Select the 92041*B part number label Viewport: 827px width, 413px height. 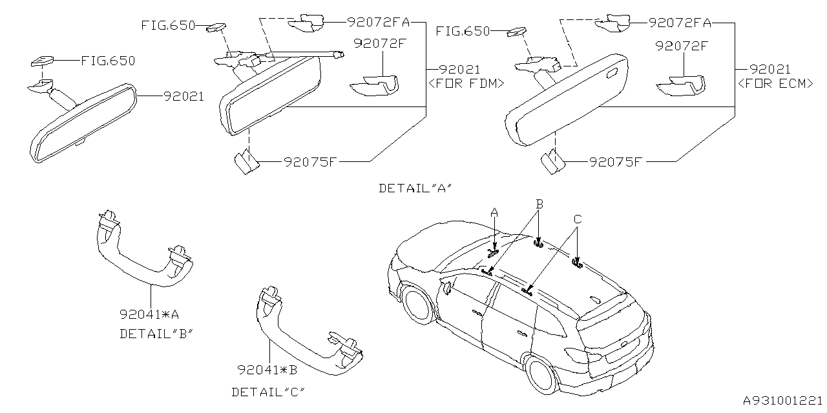[267, 370]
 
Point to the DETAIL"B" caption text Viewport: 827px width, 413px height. [157, 334]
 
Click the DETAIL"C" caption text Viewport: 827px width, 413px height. [268, 392]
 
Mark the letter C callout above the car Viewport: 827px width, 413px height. [577, 219]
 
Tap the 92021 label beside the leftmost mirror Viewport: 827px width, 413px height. [183, 96]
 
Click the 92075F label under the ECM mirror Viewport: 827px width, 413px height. [614, 161]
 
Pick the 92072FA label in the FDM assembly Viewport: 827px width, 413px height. [378, 22]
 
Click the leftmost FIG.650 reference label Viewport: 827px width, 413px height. [108, 61]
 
